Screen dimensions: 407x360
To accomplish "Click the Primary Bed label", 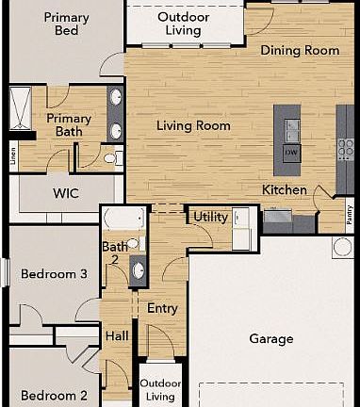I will click(66, 24).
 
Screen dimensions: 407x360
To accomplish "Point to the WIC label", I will click(65, 193).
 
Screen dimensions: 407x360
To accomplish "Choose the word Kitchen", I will click(284, 190).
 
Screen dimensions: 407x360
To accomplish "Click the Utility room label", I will click(210, 218).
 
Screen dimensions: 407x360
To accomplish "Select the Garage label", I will click(271, 338).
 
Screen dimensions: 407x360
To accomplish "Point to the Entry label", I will click(162, 308).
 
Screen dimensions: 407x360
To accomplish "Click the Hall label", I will click(117, 336).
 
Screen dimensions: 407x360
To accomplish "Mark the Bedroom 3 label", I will click(56, 274).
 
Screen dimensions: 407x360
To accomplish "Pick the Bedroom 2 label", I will click(55, 396).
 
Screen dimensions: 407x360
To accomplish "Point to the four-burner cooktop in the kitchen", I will click(346, 148).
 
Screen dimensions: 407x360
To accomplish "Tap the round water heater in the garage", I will click(342, 249).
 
